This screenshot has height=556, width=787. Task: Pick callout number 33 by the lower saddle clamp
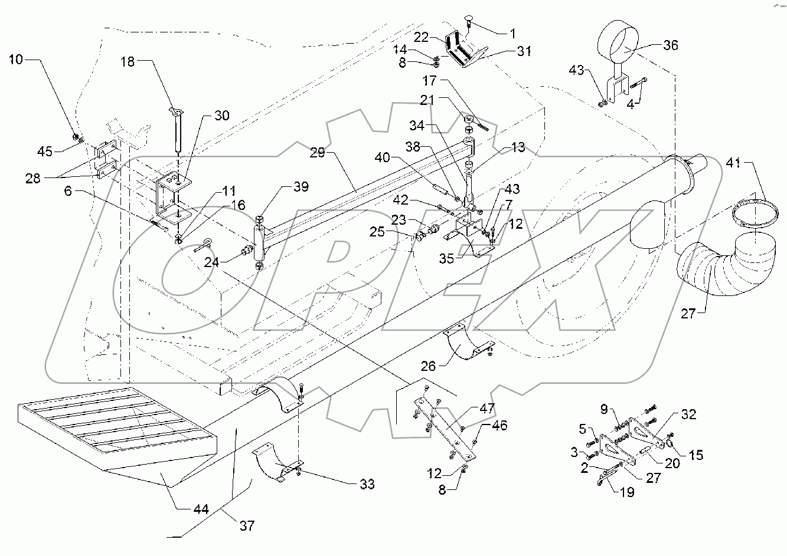click(x=367, y=485)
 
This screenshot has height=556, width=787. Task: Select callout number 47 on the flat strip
click(x=487, y=408)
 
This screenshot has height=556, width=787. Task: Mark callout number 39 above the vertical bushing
click(x=301, y=187)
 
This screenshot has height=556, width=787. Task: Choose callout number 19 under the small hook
click(x=626, y=492)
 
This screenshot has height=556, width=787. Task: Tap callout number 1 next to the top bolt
click(x=512, y=33)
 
